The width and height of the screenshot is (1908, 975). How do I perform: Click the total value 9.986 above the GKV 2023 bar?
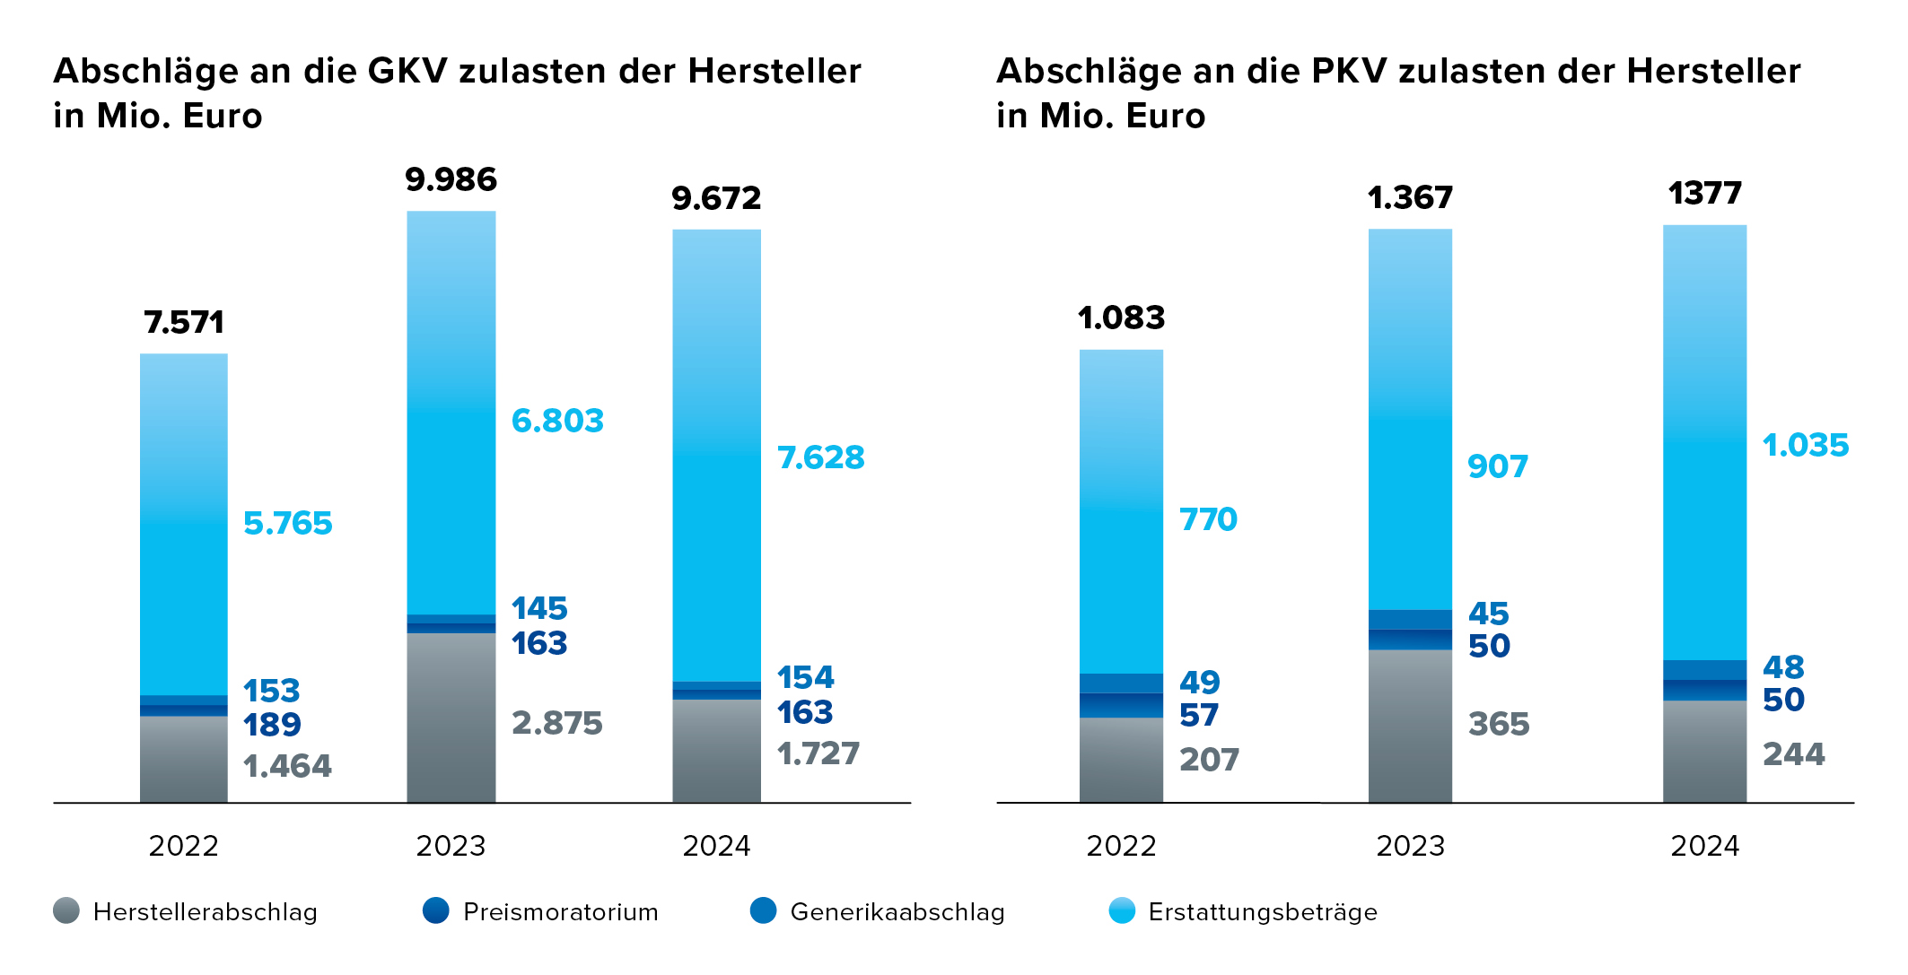pos(451,180)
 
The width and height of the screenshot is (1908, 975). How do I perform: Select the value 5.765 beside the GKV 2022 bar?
pos(287,524)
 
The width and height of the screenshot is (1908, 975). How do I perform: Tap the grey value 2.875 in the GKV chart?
pos(556,723)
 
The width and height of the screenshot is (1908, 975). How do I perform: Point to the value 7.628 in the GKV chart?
pos(820,458)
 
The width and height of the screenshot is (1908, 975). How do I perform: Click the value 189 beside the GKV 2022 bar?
pos(272,725)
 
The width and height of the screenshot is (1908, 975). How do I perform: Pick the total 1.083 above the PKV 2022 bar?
pos(1121,318)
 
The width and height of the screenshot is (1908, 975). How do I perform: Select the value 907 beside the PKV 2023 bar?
pos(1497,467)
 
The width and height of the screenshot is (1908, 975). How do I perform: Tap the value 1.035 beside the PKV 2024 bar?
pos(1805,446)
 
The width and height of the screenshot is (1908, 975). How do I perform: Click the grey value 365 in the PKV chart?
pos(1498,725)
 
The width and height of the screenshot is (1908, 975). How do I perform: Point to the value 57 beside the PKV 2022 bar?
pos(1199,716)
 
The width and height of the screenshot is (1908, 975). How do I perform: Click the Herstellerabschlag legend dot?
pos(66,910)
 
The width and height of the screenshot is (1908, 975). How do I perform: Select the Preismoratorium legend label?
pos(560,912)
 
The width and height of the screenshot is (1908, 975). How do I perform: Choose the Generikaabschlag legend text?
pos(897,912)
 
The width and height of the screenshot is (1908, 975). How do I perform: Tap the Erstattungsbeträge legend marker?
pos(1122,910)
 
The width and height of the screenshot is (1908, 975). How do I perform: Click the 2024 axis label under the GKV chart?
pos(716,846)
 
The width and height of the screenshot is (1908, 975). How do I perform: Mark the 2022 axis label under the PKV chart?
pos(1121,846)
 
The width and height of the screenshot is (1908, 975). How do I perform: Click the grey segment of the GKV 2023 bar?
pos(451,718)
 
